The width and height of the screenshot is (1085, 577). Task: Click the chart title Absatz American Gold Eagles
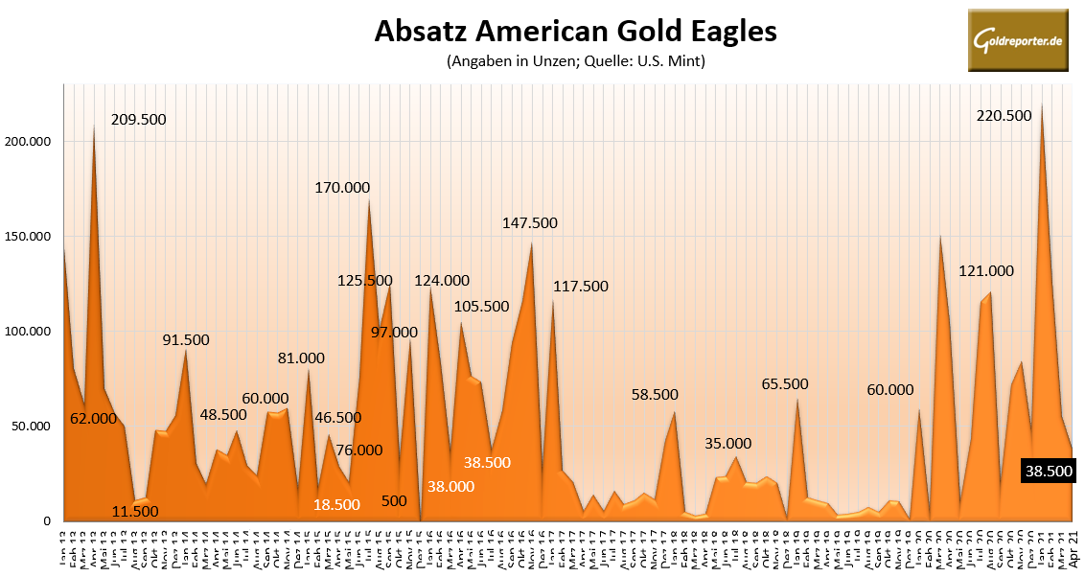[x=575, y=31]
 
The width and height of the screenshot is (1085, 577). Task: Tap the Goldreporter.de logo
[x=1018, y=40]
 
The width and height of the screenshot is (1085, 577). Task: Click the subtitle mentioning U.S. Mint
[x=575, y=62]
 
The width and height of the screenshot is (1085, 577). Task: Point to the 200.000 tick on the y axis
[x=30, y=142]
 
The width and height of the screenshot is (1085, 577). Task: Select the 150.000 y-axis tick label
[x=30, y=237]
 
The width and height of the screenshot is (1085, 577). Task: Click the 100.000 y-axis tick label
[x=30, y=332]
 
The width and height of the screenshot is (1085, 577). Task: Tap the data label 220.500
[x=1004, y=115]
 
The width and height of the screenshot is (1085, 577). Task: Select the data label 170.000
[x=342, y=188]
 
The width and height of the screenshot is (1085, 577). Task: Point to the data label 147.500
[x=530, y=223]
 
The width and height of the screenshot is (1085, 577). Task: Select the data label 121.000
[x=987, y=272]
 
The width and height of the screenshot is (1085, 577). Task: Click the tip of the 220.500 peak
[x=1041, y=105]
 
